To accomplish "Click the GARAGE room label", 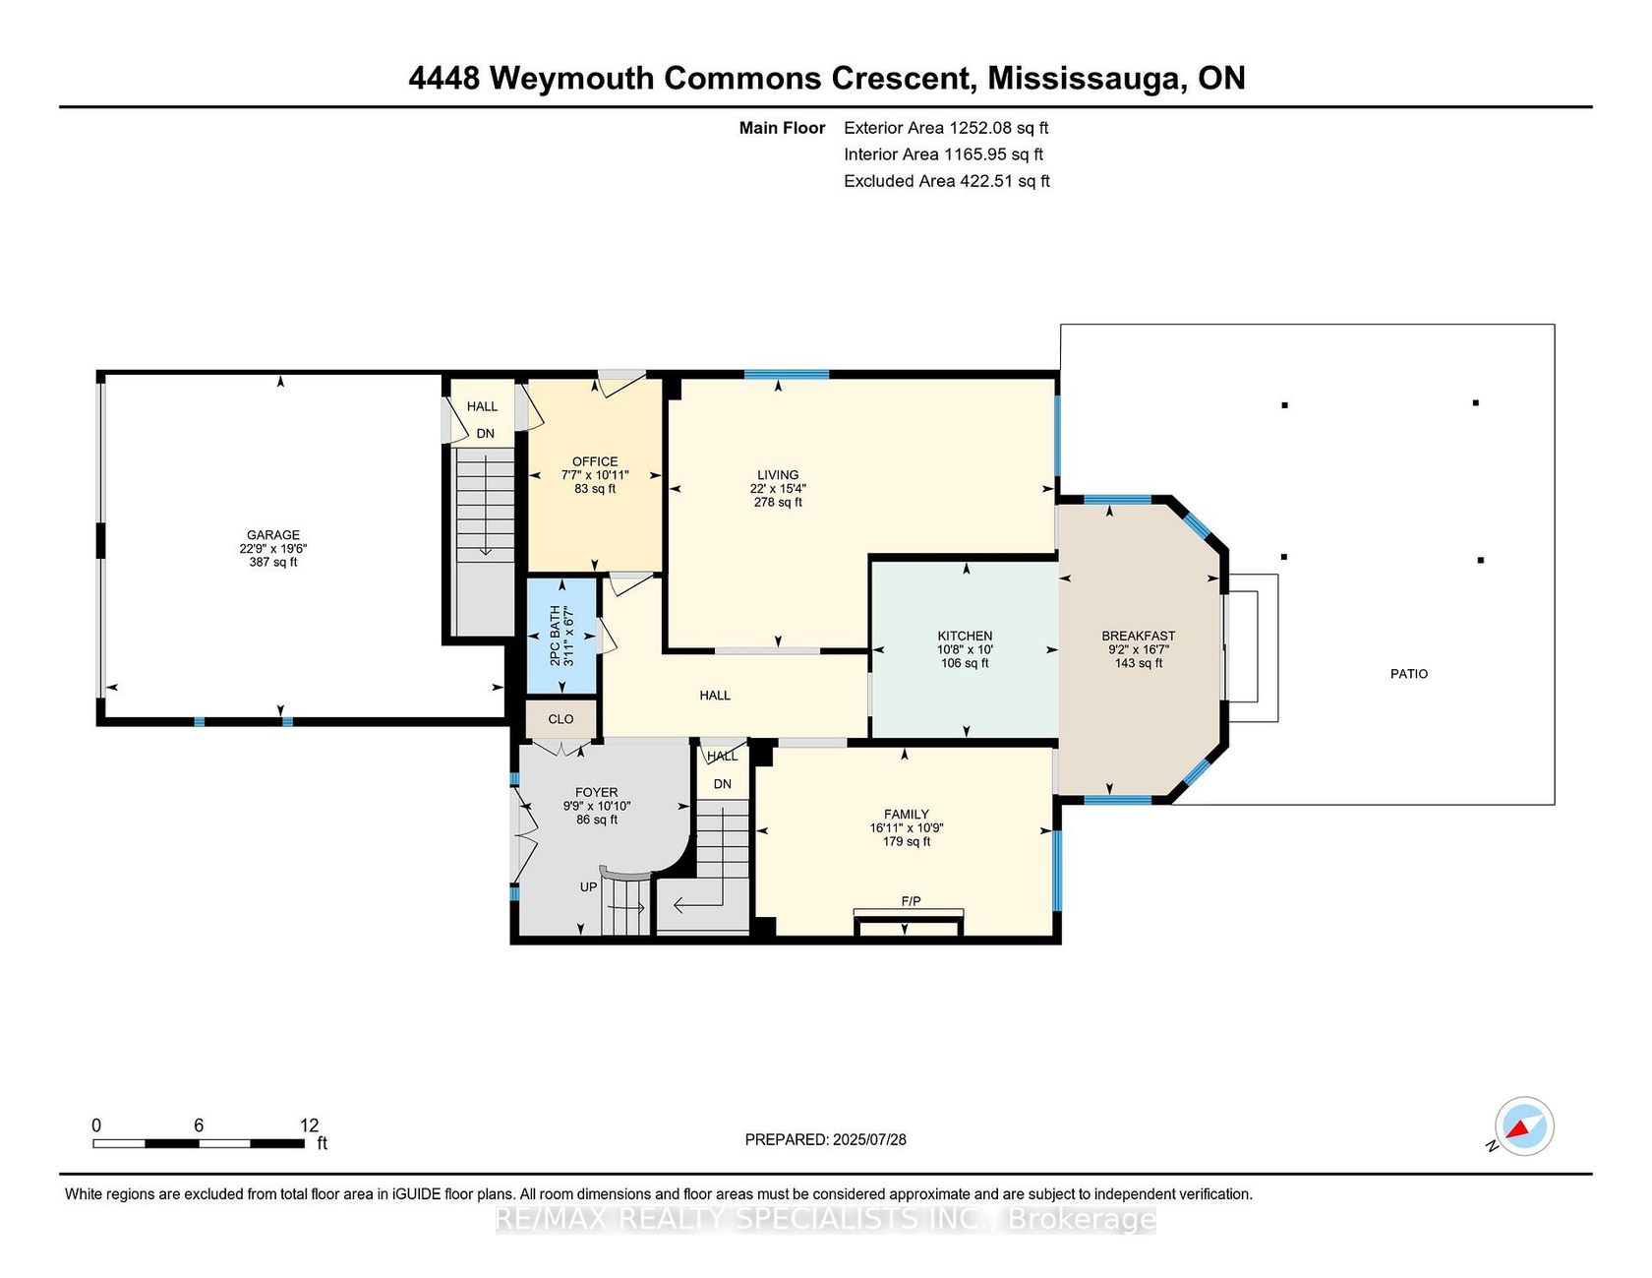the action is (x=273, y=535).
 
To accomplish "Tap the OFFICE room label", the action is (x=595, y=461).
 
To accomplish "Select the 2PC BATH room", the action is (x=561, y=636).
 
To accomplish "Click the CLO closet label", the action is (x=560, y=719).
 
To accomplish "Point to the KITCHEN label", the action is (x=965, y=636).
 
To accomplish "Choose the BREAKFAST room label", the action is (x=1139, y=636).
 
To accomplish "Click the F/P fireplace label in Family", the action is (x=911, y=901).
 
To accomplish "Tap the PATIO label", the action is (x=1409, y=674).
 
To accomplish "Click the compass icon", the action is (x=1524, y=1126).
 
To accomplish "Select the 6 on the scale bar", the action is (x=199, y=1126).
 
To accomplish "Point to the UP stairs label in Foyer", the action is (x=588, y=887).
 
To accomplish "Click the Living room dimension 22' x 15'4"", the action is (x=778, y=488).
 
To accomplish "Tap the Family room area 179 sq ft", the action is (x=907, y=841).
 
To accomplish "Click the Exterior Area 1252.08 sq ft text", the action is (x=946, y=128).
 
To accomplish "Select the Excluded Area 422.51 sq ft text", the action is (x=947, y=181).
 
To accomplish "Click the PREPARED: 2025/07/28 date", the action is (x=826, y=1139).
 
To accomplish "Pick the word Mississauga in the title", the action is (x=1085, y=78).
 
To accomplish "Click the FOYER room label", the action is (x=597, y=792).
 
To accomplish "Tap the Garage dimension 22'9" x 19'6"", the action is (x=273, y=549).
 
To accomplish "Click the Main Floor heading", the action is (x=782, y=128).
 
